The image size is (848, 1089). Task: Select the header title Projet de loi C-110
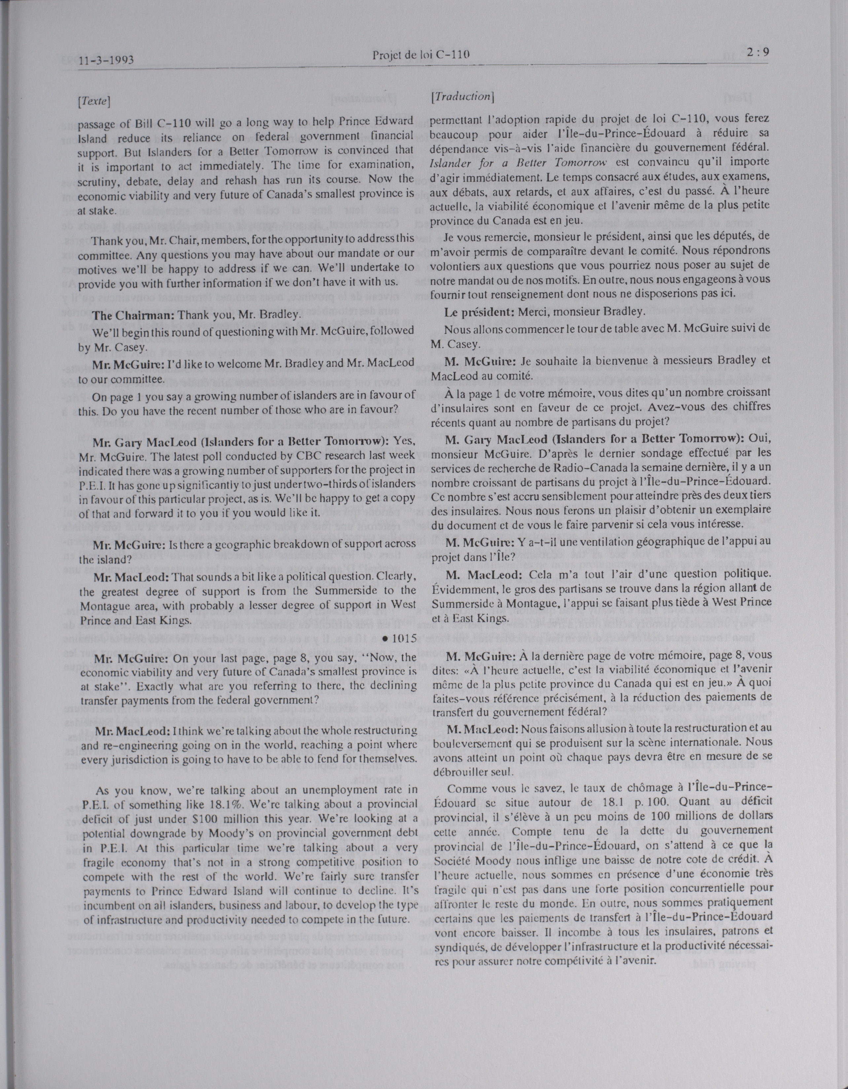pos(421,54)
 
